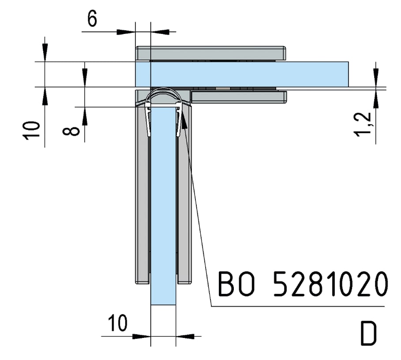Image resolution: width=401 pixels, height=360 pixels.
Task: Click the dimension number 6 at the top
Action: [92, 19]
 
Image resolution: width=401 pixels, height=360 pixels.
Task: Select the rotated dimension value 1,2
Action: [362, 124]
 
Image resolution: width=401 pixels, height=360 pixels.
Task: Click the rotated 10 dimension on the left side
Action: [32, 130]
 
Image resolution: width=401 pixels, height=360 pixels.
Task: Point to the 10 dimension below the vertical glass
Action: [117, 323]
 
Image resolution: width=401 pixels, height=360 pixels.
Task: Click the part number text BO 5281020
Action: [303, 284]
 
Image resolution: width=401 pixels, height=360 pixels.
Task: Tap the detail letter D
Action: [368, 334]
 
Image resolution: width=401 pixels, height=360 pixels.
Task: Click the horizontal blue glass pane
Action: [242, 74]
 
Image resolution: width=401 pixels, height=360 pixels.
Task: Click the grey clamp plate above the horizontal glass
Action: [210, 53]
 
